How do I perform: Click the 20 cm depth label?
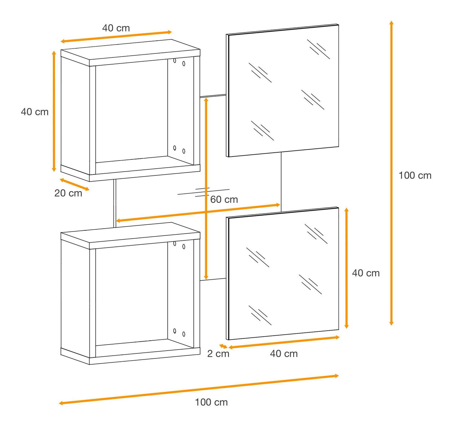(68, 193)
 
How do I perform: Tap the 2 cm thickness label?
(218, 354)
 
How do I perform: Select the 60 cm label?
(224, 199)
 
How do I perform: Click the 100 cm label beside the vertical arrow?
(415, 175)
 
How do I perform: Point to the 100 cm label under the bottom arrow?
(211, 402)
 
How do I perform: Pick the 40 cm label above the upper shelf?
(116, 28)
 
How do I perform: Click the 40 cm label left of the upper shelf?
(35, 112)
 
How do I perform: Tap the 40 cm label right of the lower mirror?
(366, 273)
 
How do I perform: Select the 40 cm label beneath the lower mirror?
(284, 354)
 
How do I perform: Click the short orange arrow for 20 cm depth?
(75, 185)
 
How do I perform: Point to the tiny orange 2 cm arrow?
(223, 346)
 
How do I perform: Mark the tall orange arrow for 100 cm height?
(391, 173)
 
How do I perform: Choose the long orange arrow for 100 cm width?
(199, 389)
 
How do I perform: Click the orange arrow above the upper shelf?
(116, 37)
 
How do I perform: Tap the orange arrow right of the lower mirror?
(347, 268)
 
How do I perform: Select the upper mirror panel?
(282, 90)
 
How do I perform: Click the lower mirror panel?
(282, 274)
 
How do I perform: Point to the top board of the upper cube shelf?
(130, 53)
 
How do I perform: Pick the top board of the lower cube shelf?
(130, 236)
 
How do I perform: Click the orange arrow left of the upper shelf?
(54, 111)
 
